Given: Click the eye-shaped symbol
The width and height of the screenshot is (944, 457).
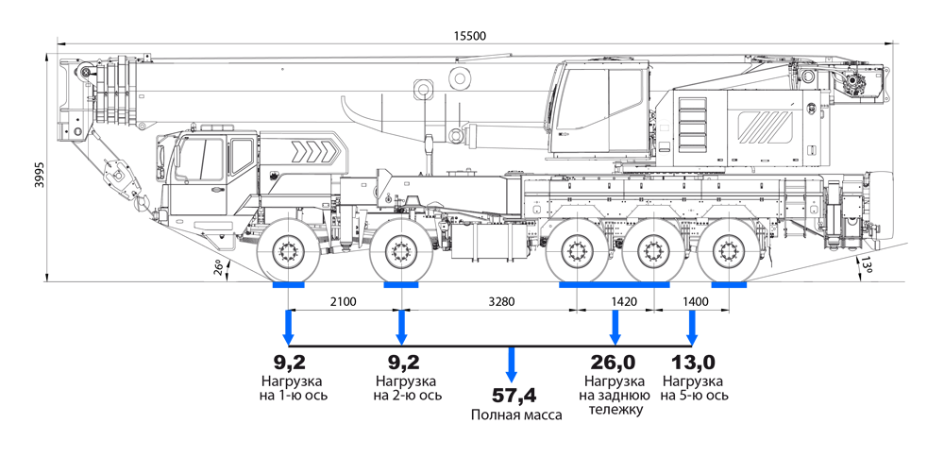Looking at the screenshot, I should (x=665, y=138).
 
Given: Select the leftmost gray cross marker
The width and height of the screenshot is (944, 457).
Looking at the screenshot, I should (x=289, y=251).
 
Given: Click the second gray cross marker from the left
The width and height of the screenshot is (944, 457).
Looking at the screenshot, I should (x=401, y=251).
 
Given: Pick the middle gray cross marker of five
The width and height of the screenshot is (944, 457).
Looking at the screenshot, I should (x=577, y=251).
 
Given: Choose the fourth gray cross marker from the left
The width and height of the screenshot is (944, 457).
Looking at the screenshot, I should (x=652, y=251).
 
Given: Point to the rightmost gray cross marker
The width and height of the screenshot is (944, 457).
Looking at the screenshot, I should (x=728, y=251).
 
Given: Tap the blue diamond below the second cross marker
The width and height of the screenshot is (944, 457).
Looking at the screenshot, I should (x=402, y=326).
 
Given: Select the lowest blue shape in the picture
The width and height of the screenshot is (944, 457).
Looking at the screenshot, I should (x=511, y=367).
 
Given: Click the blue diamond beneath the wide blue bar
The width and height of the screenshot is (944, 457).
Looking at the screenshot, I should (x=615, y=326).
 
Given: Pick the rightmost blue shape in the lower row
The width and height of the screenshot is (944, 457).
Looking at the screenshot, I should (x=697, y=327).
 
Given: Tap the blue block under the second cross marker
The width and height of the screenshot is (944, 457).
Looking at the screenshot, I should (x=400, y=290).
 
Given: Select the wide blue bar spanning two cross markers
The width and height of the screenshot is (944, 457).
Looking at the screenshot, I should (x=614, y=290).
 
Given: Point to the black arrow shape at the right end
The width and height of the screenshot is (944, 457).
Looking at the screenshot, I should (x=866, y=267).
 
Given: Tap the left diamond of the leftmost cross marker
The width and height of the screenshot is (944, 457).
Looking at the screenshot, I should (x=265, y=251).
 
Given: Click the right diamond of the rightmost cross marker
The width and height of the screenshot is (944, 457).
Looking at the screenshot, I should (x=752, y=251).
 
